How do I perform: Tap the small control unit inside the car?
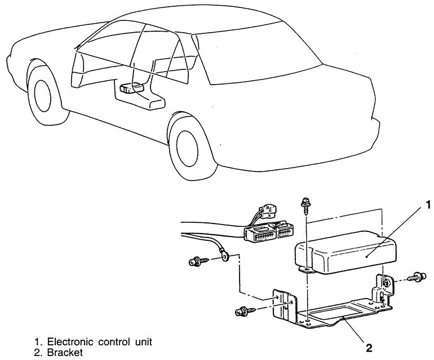coord(133,89)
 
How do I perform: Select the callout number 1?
coord(428,204)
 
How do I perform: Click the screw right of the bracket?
coord(418,276)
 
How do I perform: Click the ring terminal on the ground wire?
coord(225,258)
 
